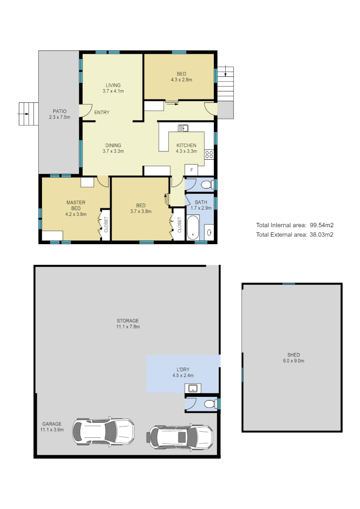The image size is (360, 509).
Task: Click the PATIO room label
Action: point(59,111)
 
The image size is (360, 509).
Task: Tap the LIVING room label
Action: point(113,85)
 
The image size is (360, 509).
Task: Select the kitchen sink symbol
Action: point(183,128)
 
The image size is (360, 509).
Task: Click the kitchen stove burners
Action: point(209,154)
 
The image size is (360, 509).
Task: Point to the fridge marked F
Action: point(192,170)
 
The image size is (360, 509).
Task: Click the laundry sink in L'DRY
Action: point(192,388)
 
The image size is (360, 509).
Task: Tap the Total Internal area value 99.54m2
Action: point(321,225)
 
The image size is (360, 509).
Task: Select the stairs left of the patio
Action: point(27,114)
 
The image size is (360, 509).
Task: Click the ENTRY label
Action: point(102,113)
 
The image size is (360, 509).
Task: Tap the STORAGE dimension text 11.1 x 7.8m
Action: point(128,327)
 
